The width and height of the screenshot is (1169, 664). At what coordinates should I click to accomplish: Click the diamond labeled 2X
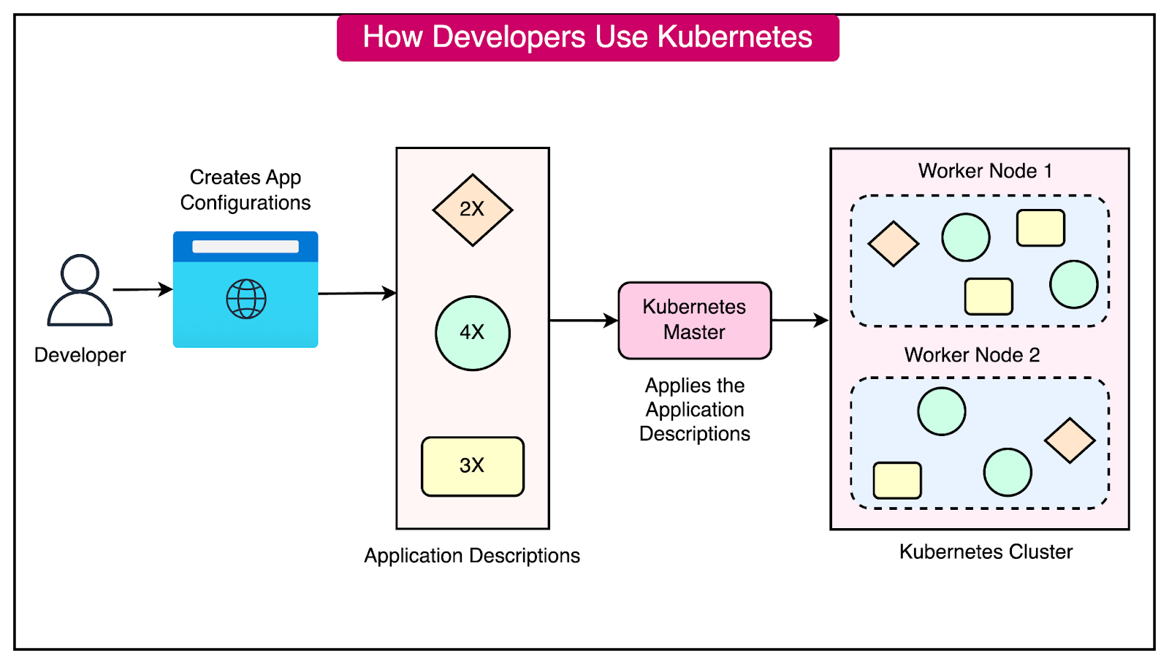pyautogui.click(x=472, y=210)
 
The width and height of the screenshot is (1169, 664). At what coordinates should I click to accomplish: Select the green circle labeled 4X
pyautogui.click(x=472, y=333)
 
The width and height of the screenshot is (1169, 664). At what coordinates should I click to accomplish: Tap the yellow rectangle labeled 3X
pyautogui.click(x=472, y=466)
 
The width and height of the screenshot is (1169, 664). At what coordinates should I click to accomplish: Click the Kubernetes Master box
pyautogui.click(x=694, y=320)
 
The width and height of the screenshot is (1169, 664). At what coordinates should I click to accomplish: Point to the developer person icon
pyautogui.click(x=80, y=291)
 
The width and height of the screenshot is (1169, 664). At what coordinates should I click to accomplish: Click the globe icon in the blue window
pyautogui.click(x=246, y=299)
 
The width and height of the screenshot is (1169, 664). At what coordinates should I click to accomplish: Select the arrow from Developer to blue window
pyautogui.click(x=142, y=289)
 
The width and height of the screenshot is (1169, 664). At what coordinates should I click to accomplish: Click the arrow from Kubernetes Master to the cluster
pyautogui.click(x=800, y=320)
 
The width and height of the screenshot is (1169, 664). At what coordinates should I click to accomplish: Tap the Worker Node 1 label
pyautogui.click(x=985, y=171)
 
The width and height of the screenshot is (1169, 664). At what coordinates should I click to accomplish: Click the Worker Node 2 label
pyautogui.click(x=972, y=355)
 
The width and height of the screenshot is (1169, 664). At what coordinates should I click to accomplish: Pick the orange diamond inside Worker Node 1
pyautogui.click(x=893, y=244)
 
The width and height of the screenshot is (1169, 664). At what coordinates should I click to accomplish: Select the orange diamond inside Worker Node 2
pyautogui.click(x=1070, y=440)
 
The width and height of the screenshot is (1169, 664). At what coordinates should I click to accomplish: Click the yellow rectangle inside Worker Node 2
pyautogui.click(x=897, y=480)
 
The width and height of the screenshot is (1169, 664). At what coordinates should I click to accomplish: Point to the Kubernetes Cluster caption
pyautogui.click(x=986, y=552)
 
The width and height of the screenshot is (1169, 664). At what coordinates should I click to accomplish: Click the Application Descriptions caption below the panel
pyautogui.click(x=472, y=556)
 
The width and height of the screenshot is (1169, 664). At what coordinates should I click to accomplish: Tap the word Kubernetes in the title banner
pyautogui.click(x=734, y=37)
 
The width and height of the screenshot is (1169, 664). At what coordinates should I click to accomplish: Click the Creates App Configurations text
pyautogui.click(x=245, y=190)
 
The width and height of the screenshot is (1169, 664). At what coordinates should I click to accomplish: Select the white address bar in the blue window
pyautogui.click(x=245, y=247)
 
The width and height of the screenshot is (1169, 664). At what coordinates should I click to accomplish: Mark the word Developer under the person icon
pyautogui.click(x=80, y=355)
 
